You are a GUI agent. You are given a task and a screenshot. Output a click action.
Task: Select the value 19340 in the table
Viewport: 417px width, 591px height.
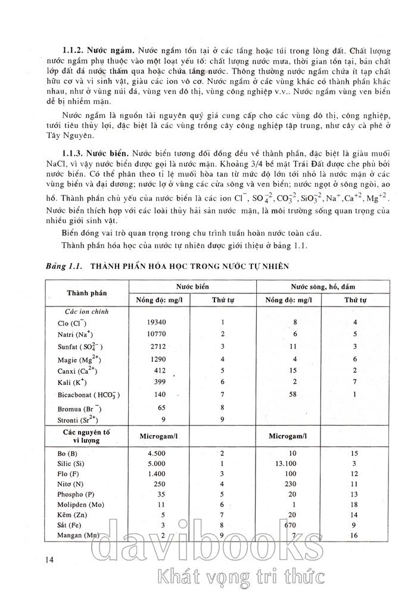[x=155, y=322]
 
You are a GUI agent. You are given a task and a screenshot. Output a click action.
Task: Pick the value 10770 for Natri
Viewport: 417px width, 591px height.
[x=155, y=334]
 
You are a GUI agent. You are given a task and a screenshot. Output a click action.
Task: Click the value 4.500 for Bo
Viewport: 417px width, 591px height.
[x=156, y=453]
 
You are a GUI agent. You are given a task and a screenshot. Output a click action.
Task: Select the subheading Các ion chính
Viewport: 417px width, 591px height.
[x=87, y=311]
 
